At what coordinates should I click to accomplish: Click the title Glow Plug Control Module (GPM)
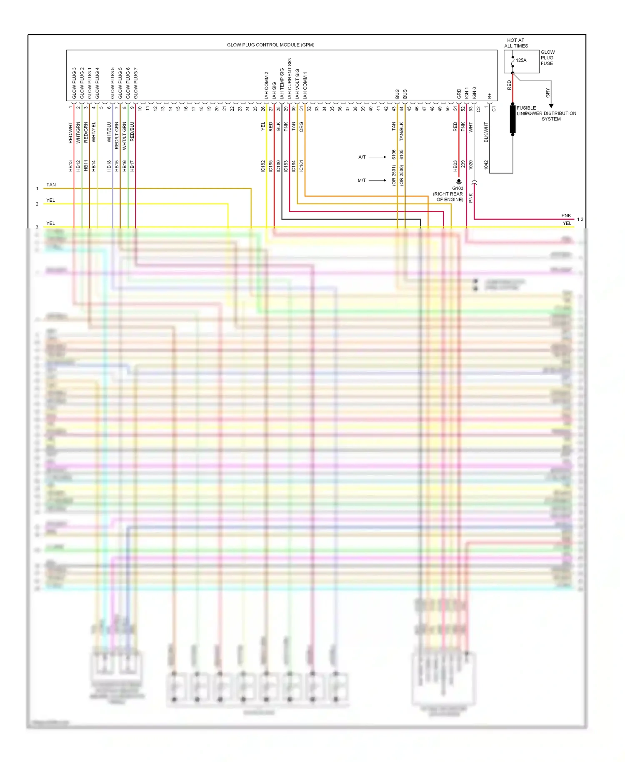tap(270, 45)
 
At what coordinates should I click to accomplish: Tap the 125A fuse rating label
tap(521, 60)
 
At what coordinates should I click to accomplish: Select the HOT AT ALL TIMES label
tap(516, 43)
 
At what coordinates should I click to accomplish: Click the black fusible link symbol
tap(512, 119)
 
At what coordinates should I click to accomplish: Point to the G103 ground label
tap(457, 188)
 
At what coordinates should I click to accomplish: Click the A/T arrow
tap(377, 157)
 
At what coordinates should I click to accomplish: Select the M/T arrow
tap(377, 180)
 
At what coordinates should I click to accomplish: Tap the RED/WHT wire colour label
tap(70, 133)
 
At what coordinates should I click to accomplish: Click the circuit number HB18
tap(109, 166)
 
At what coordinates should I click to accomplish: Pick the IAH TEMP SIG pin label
tap(282, 84)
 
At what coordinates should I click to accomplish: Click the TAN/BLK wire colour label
tap(401, 131)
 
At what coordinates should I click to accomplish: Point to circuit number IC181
tap(301, 166)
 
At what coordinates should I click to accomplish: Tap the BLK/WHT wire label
tap(486, 132)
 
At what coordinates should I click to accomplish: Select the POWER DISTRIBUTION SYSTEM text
tap(551, 116)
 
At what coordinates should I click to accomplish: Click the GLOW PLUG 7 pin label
tap(135, 83)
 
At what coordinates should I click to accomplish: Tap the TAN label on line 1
tap(51, 185)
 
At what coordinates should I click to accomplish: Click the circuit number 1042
tap(486, 165)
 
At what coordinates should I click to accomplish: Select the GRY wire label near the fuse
tap(547, 93)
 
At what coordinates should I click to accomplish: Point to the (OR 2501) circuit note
tap(394, 175)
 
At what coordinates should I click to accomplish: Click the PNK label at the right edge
tap(566, 216)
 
